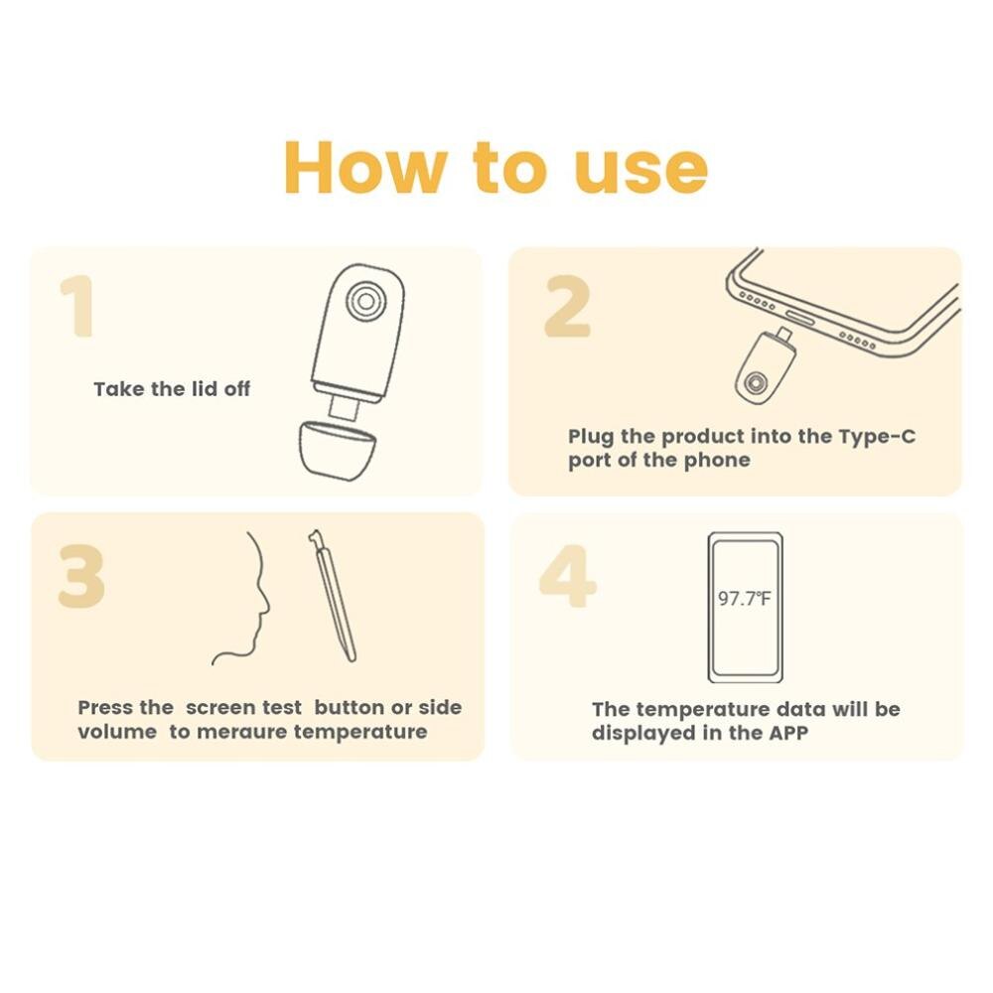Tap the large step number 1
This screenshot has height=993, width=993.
click(x=77, y=307)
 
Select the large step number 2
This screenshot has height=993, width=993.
click(x=567, y=307)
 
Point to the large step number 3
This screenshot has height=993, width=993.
click(x=81, y=578)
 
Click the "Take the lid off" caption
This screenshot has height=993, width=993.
click(x=172, y=389)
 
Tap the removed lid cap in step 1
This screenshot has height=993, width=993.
click(x=338, y=451)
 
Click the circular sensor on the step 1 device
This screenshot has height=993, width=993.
click(x=367, y=299)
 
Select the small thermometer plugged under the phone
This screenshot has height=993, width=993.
click(x=762, y=365)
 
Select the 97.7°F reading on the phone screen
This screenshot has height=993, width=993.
click(x=744, y=599)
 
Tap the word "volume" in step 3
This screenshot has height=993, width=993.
click(x=117, y=732)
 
